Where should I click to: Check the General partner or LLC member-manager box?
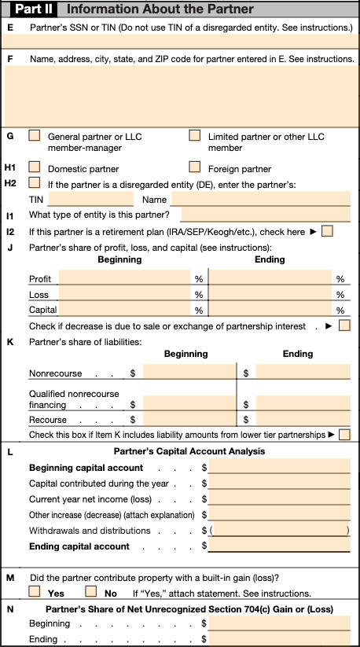(x=35, y=135)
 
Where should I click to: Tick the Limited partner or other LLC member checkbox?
(x=194, y=135)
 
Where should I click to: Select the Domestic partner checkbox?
(x=35, y=167)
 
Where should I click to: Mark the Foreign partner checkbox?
(x=194, y=167)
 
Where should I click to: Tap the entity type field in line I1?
(x=265, y=214)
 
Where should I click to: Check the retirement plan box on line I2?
(x=328, y=231)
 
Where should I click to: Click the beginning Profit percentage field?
(x=125, y=278)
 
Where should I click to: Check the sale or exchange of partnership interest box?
(x=343, y=325)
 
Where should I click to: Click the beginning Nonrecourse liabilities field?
(x=189, y=373)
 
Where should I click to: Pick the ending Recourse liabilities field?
(x=303, y=420)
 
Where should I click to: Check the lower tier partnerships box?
(x=343, y=434)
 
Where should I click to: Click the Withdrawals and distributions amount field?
(x=281, y=531)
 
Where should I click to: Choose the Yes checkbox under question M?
(x=35, y=591)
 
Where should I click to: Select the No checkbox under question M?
(x=90, y=591)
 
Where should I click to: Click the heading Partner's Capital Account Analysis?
(x=189, y=451)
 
